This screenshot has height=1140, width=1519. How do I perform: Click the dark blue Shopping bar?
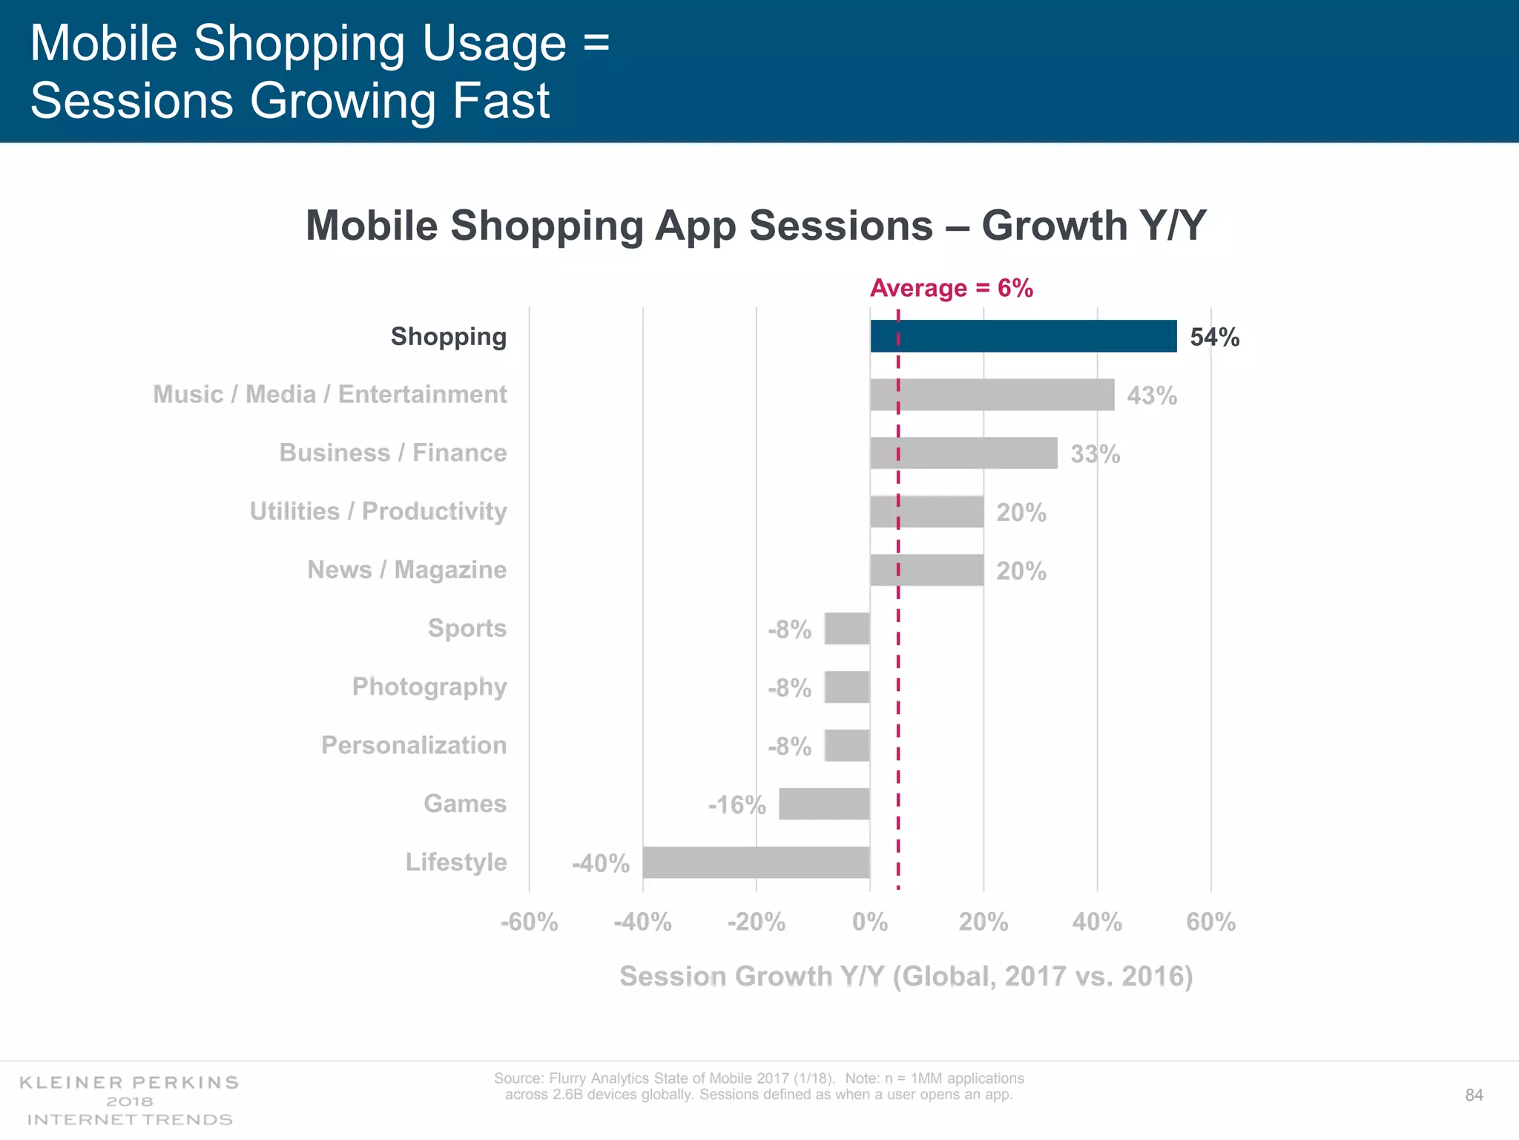tap(1024, 336)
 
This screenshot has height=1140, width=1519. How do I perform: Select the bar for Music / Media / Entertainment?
tap(992, 394)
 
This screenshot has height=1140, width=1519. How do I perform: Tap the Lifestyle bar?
tap(756, 862)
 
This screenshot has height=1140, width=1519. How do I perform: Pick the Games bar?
tap(824, 804)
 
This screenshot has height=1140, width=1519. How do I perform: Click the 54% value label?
tap(1214, 338)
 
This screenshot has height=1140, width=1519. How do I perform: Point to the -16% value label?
tap(737, 805)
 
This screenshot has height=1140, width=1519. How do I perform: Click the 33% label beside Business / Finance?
tap(1095, 454)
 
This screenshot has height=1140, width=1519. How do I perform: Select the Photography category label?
tap(429, 687)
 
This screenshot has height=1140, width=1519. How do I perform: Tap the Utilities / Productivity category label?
tap(378, 511)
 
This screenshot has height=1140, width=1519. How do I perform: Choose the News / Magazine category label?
tap(407, 570)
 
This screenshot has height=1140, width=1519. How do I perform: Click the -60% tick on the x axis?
tap(529, 923)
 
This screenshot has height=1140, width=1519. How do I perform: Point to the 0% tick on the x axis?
tap(870, 923)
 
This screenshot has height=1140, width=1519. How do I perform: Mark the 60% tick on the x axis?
tap(1210, 923)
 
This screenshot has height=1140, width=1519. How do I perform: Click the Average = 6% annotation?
tap(951, 288)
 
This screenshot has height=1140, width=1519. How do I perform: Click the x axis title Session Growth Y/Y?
tap(906, 976)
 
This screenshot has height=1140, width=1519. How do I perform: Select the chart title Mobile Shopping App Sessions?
tap(756, 226)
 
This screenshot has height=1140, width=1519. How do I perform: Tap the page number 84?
tap(1474, 1095)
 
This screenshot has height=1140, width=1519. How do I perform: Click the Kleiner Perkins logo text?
tap(130, 1083)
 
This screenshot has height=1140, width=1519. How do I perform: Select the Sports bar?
tap(847, 629)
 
